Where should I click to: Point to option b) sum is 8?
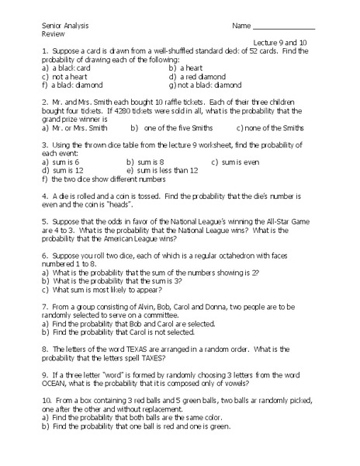click(148, 162)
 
